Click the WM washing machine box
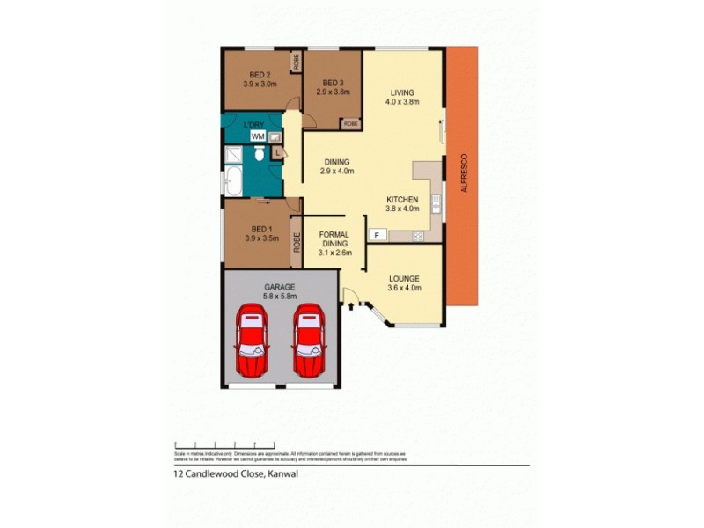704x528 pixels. pos(257,137)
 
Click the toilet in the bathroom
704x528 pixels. pos(259,154)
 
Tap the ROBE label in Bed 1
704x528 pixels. pos(297,243)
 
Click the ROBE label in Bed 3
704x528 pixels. pos(350,124)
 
